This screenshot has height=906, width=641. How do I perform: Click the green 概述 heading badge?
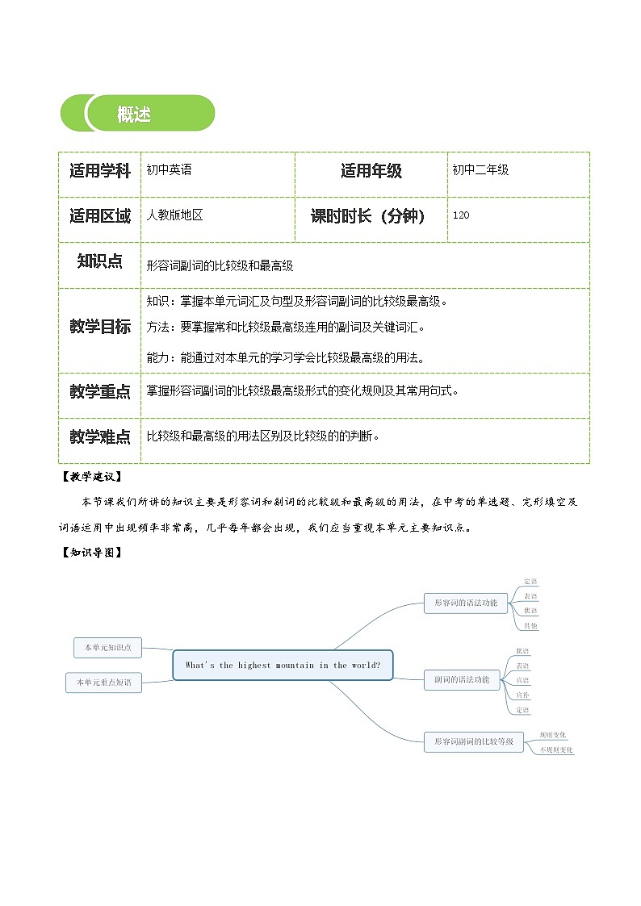(x=137, y=114)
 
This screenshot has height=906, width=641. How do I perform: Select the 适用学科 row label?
(x=99, y=171)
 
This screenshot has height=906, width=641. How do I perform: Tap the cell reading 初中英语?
(x=170, y=170)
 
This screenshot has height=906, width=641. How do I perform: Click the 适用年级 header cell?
(x=371, y=171)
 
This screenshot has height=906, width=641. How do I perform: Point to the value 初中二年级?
(x=480, y=170)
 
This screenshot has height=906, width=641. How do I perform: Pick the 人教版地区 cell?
(x=174, y=215)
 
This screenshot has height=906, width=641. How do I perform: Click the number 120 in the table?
(x=461, y=215)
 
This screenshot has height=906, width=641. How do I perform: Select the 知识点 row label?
(x=99, y=261)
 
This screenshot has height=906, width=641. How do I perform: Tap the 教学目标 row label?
(x=99, y=327)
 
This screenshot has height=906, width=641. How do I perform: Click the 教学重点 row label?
(x=99, y=392)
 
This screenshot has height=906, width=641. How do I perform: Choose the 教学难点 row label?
(x=99, y=436)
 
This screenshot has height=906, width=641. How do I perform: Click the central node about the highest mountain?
(x=283, y=666)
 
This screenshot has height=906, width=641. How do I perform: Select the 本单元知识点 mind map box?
(x=107, y=647)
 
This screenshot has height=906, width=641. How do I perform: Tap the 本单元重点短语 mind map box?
(x=103, y=683)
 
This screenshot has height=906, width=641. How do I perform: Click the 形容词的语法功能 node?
(x=465, y=603)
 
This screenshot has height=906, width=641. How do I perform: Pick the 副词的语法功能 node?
(x=461, y=680)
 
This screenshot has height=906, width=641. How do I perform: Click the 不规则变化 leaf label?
(x=555, y=750)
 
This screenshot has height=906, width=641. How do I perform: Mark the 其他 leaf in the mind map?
(x=530, y=626)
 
